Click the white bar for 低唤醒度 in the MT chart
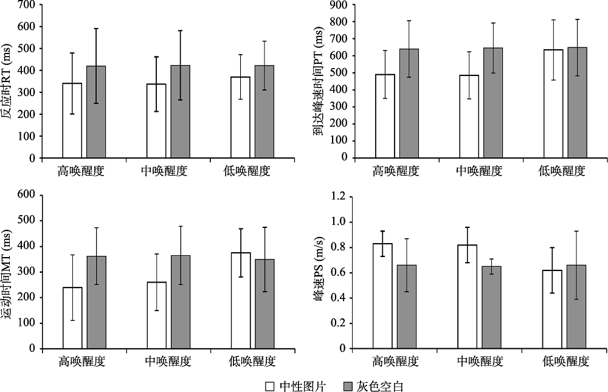click(240, 300)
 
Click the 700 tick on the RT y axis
click(27, 5)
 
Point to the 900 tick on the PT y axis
click(338, 5)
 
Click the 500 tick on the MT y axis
click(27, 220)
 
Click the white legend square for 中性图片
click(271, 386)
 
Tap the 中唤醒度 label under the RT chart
click(166, 171)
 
